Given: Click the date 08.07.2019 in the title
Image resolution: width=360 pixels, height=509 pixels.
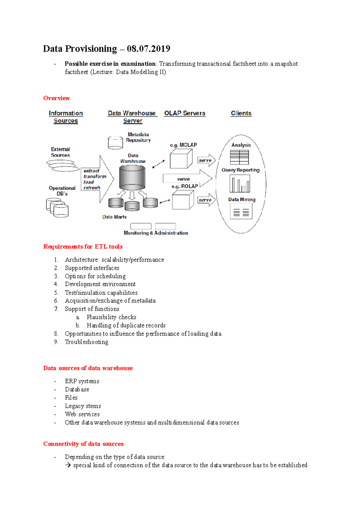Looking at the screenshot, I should [x=148, y=49].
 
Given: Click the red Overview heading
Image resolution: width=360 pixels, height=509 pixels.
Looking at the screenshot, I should [x=56, y=98].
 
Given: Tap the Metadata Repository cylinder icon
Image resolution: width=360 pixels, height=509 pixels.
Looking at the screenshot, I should [x=115, y=143].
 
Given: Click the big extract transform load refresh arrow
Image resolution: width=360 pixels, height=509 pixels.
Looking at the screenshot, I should [x=97, y=179].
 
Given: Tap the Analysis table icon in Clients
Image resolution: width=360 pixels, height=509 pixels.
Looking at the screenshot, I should [x=239, y=157].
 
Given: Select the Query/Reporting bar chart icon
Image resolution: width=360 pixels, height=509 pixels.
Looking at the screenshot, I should [x=240, y=183].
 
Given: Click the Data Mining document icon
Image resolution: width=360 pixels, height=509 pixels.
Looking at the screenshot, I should [x=241, y=212].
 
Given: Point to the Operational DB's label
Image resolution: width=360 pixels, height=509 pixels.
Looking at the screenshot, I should [x=62, y=191].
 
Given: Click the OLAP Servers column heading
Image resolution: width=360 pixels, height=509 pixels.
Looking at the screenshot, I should [x=185, y=113].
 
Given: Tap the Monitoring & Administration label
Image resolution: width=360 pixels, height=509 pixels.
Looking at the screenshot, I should [x=156, y=233].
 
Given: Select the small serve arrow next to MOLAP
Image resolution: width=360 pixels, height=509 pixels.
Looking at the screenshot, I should [x=206, y=160].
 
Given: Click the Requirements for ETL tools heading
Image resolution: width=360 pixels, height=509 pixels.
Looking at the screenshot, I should [x=83, y=246].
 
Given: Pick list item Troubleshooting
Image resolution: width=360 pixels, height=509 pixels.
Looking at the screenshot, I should [x=86, y=342].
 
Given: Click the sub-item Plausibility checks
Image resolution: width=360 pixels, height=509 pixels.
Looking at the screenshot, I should [x=111, y=317].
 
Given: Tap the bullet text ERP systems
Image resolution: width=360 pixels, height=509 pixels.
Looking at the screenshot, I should [x=82, y=381].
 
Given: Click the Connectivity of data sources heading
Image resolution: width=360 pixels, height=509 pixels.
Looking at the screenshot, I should [x=83, y=444].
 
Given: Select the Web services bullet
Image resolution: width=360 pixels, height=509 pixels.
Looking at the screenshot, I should [x=82, y=414].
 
